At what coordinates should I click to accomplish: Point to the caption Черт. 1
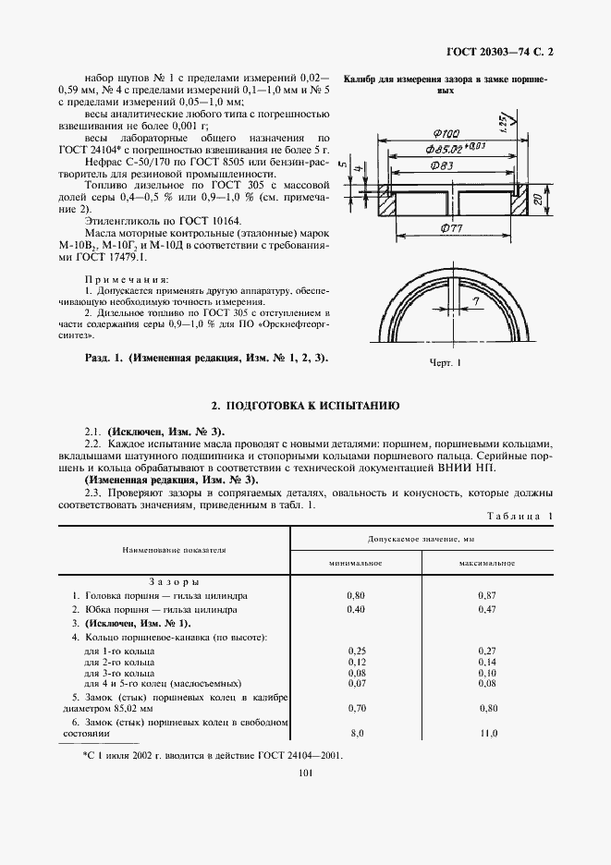445,363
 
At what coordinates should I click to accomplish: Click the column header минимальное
357,563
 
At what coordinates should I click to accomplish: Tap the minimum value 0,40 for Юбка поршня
357,610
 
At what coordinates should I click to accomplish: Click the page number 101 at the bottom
305,774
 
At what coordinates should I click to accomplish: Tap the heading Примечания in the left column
127,277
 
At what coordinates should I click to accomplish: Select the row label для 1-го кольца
118,652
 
